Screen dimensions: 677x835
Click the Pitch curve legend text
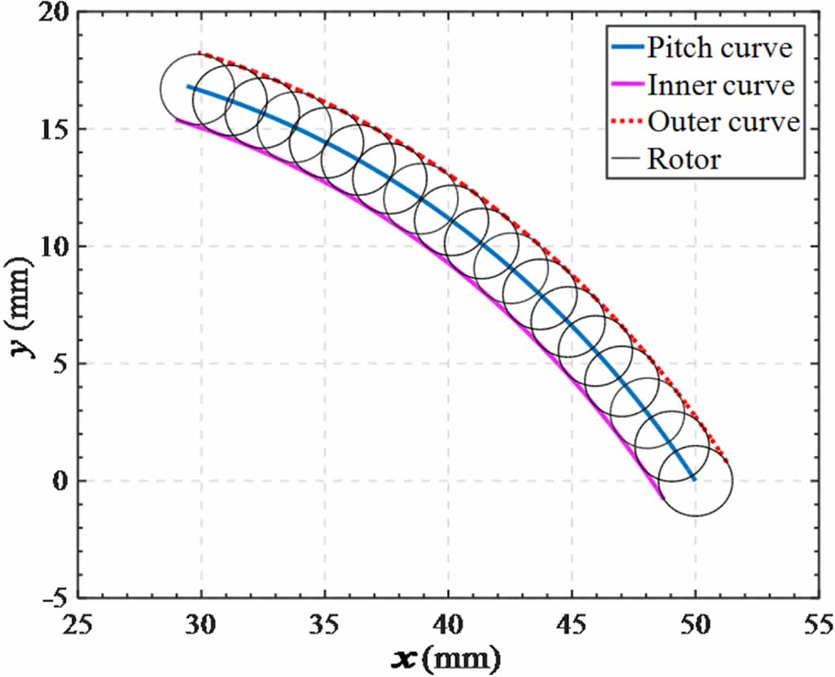[719, 48]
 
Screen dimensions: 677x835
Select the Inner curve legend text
[721, 85]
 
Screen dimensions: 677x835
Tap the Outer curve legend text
[723, 122]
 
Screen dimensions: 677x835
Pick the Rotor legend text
[684, 159]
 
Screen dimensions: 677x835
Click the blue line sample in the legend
[625, 49]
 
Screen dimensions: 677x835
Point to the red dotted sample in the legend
[625, 123]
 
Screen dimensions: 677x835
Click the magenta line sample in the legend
[625, 86]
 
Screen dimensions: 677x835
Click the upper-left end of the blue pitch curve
[188, 86]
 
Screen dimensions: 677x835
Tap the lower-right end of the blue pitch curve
[693, 479]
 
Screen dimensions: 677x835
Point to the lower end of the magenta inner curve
[662, 497]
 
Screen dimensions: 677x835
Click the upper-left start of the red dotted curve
[200, 53]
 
